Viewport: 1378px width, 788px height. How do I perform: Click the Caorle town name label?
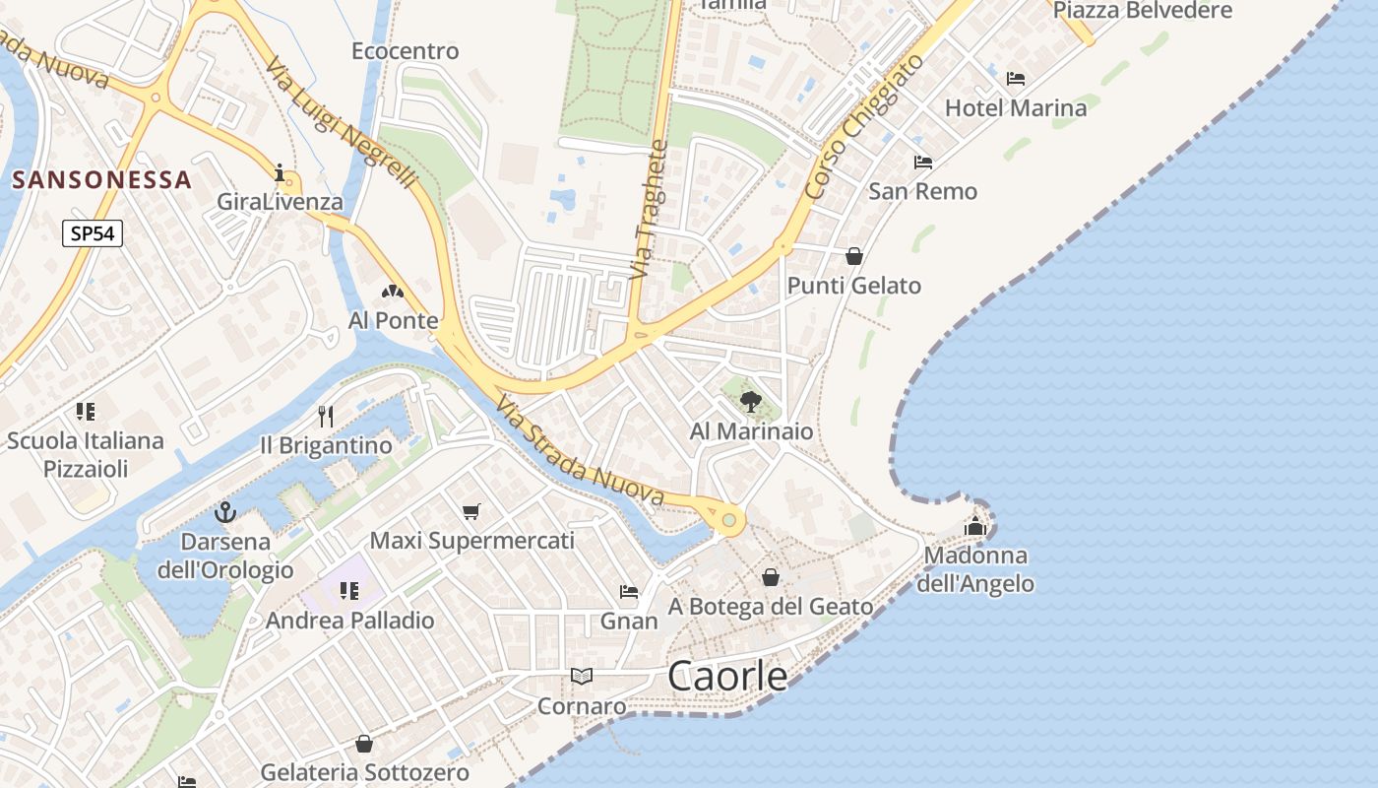727,676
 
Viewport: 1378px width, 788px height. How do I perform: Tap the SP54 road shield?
93,233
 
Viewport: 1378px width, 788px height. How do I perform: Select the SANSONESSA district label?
102,179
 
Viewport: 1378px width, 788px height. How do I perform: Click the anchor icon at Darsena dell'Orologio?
225,512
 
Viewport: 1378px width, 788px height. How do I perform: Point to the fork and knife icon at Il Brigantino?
326,417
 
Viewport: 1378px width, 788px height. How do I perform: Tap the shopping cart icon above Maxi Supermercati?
471,511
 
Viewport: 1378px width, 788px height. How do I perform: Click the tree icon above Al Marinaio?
751,401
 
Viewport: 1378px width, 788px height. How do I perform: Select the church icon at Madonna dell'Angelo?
975,526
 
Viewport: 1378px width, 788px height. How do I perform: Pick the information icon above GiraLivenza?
281,174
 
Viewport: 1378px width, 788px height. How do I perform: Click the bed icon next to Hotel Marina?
1016,79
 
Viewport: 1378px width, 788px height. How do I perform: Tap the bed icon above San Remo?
922,162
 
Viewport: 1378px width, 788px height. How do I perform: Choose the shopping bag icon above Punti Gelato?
854,256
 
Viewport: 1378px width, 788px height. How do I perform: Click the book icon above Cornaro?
582,676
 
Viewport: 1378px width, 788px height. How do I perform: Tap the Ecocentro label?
406,50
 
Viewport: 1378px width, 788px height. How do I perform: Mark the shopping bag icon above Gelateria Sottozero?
364,744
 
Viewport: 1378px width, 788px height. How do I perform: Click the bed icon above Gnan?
629,592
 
